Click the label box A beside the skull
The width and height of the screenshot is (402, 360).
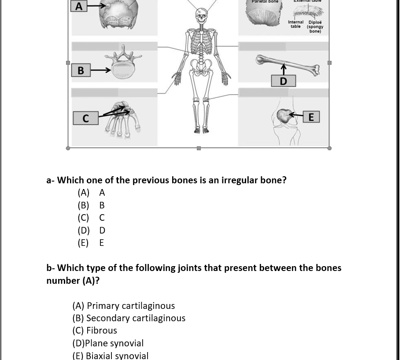point(79,6)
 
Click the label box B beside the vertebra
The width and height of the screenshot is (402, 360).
point(81,70)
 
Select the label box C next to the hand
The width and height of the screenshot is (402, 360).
point(85,118)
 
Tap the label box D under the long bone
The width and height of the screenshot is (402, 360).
point(283,81)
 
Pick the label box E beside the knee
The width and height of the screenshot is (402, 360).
point(311,117)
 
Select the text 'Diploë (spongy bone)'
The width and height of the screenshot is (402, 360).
point(315,26)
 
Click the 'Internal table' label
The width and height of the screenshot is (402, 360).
point(295,24)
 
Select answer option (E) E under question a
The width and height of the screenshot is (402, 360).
point(91,243)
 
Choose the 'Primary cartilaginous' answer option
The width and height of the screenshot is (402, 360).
point(124,306)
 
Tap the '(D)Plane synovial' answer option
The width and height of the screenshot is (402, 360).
point(108,343)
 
